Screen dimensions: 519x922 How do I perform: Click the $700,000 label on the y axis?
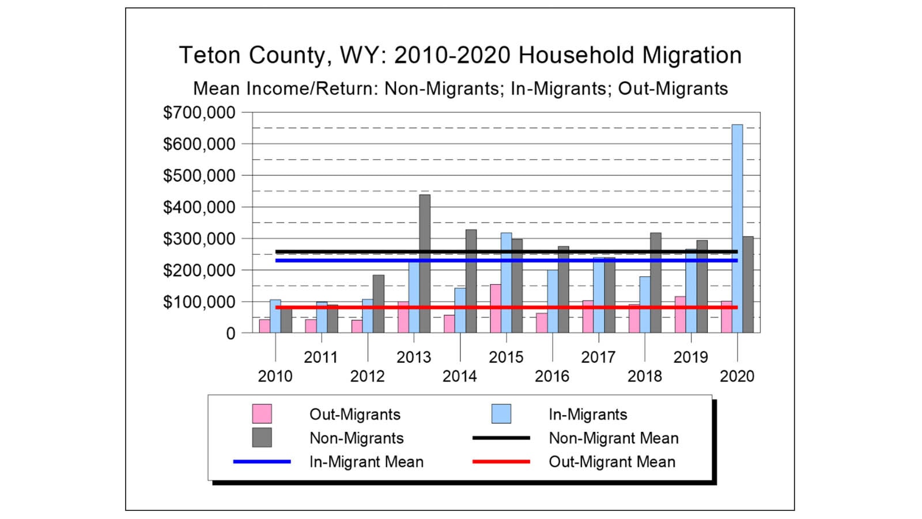click(199, 113)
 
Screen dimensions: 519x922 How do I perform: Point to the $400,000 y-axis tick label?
click(199, 207)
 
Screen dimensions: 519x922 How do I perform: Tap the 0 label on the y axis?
click(231, 333)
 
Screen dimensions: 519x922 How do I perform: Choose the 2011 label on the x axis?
click(321, 358)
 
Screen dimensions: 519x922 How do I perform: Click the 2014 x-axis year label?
click(459, 377)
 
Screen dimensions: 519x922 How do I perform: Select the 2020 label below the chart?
click(736, 377)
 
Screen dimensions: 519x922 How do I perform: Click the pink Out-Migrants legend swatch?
click(262, 414)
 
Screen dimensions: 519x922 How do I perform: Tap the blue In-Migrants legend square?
click(501, 414)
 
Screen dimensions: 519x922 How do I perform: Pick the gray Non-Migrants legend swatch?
click(262, 438)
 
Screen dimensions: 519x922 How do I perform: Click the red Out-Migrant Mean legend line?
click(501, 462)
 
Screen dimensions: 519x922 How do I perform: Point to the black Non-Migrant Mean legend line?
click(501, 438)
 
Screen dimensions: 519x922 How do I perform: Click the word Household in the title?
click(577, 56)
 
